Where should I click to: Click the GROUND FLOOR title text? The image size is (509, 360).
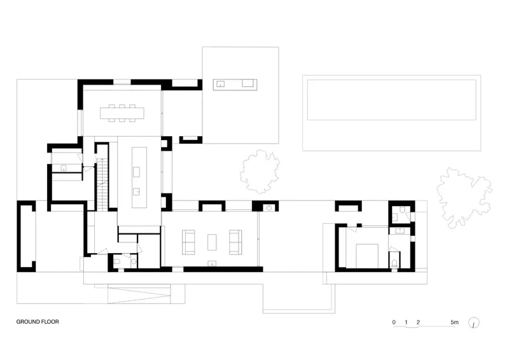pos(38,322)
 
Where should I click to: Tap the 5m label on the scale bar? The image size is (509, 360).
pos(454,322)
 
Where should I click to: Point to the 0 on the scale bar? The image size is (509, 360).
pos(394,322)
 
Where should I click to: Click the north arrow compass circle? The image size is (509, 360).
pos(474,322)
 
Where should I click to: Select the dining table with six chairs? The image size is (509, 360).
pos(122,113)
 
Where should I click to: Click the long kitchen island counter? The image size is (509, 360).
pos(139,177)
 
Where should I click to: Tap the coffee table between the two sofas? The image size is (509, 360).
pos(212,242)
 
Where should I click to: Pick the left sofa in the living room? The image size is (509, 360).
pos(188,242)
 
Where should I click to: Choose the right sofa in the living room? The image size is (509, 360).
pos(235,242)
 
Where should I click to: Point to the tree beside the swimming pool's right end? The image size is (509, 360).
pos(464,197)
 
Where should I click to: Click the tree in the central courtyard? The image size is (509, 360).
pos(260,171)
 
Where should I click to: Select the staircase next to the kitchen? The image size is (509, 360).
pos(102,184)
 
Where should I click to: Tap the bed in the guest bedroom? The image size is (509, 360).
pos(367,256)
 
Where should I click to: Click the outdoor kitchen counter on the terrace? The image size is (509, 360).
pos(235,85)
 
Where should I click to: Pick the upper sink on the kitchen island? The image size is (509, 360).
pos(136,172)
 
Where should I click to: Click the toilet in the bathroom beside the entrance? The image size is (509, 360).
pos(117,261)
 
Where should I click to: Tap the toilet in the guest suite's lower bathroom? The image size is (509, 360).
pos(394,263)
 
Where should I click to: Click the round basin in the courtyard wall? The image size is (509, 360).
pos(269,208)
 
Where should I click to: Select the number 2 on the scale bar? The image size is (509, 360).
pos(418,322)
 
